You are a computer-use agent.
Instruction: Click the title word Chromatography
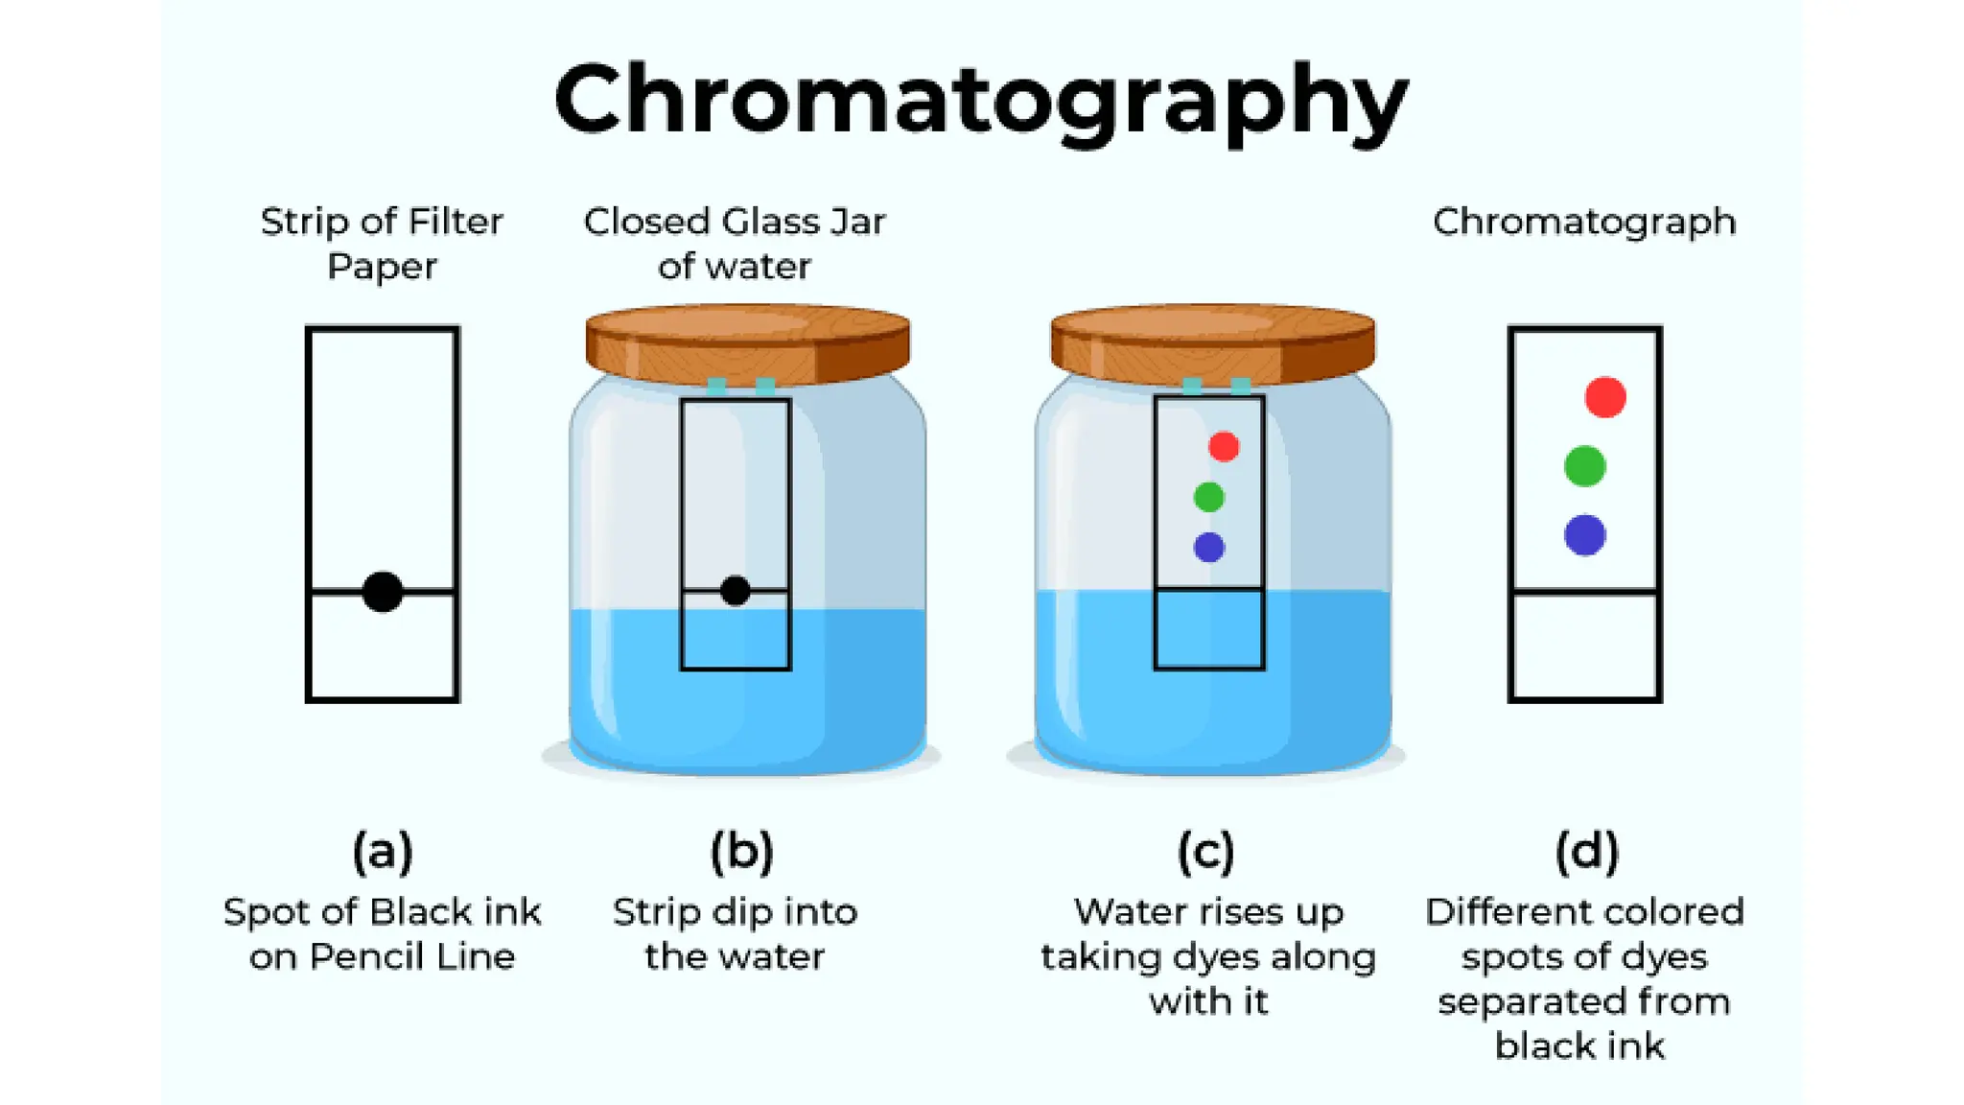click(981, 100)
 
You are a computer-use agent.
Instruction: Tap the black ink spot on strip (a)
click(383, 592)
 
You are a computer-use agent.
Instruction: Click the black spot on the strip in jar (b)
click(736, 591)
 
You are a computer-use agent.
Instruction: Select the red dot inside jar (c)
click(1224, 446)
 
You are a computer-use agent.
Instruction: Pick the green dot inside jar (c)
click(1209, 497)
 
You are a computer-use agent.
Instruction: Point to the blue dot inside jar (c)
click(1209, 547)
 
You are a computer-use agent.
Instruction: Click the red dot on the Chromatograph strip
click(1605, 397)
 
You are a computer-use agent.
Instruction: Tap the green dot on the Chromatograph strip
click(1584, 466)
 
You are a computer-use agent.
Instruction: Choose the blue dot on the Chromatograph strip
click(1584, 535)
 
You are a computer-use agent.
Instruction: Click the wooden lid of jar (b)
click(748, 343)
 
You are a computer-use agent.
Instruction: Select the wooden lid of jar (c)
click(1213, 343)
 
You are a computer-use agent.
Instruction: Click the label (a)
click(383, 852)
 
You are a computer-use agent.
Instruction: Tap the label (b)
click(741, 852)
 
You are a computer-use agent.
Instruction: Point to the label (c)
click(1206, 852)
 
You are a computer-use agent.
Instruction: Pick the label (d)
click(1587, 852)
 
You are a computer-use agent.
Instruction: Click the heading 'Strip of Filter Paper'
click(382, 244)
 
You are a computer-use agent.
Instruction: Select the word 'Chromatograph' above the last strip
click(1584, 222)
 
